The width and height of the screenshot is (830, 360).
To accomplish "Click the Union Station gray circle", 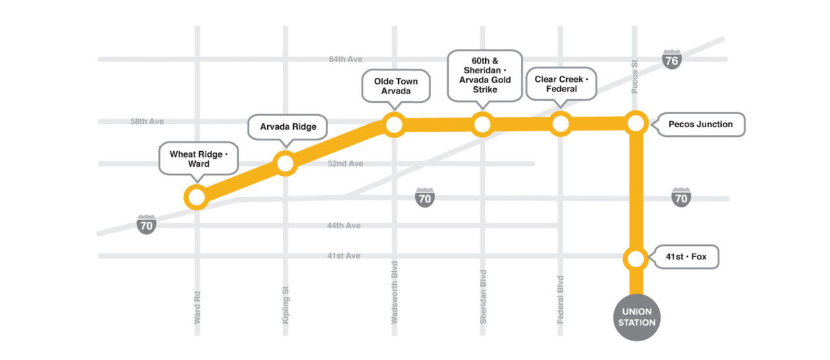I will coord(636,317).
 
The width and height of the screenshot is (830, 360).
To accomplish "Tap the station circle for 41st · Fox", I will coord(636,259).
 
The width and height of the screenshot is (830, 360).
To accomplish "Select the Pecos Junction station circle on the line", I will coord(636,123).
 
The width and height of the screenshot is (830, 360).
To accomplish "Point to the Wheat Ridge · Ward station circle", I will coord(195,197).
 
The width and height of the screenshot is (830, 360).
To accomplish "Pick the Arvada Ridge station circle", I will coord(285,163).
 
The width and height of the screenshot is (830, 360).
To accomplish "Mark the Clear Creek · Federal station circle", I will coord(560,123).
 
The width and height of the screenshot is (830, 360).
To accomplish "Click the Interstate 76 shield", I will coord(672,60).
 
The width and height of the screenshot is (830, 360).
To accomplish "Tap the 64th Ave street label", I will coord(345,59).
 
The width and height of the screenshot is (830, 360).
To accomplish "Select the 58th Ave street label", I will coord(147,121).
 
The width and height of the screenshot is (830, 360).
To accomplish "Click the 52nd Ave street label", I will coord(345,163).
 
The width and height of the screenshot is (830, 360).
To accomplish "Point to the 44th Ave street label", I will coord(344,226).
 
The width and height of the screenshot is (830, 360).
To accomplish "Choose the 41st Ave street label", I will coord(344,256).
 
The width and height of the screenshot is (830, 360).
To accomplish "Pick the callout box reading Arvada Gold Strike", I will coord(484,75).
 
